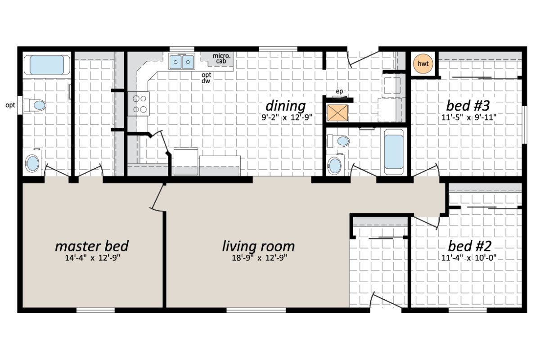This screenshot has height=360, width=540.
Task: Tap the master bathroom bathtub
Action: (x=46, y=65)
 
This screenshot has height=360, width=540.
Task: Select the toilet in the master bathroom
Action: (x=36, y=105)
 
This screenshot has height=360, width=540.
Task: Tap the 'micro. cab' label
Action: (x=222, y=58)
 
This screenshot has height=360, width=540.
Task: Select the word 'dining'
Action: (x=285, y=106)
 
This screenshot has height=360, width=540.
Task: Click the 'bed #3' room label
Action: (x=468, y=106)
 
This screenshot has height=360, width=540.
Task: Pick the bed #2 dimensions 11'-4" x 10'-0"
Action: (x=469, y=258)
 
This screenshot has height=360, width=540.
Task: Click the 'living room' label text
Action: (x=258, y=246)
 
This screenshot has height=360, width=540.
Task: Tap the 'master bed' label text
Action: (x=91, y=246)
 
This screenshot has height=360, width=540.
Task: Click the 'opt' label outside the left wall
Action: (x=9, y=105)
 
